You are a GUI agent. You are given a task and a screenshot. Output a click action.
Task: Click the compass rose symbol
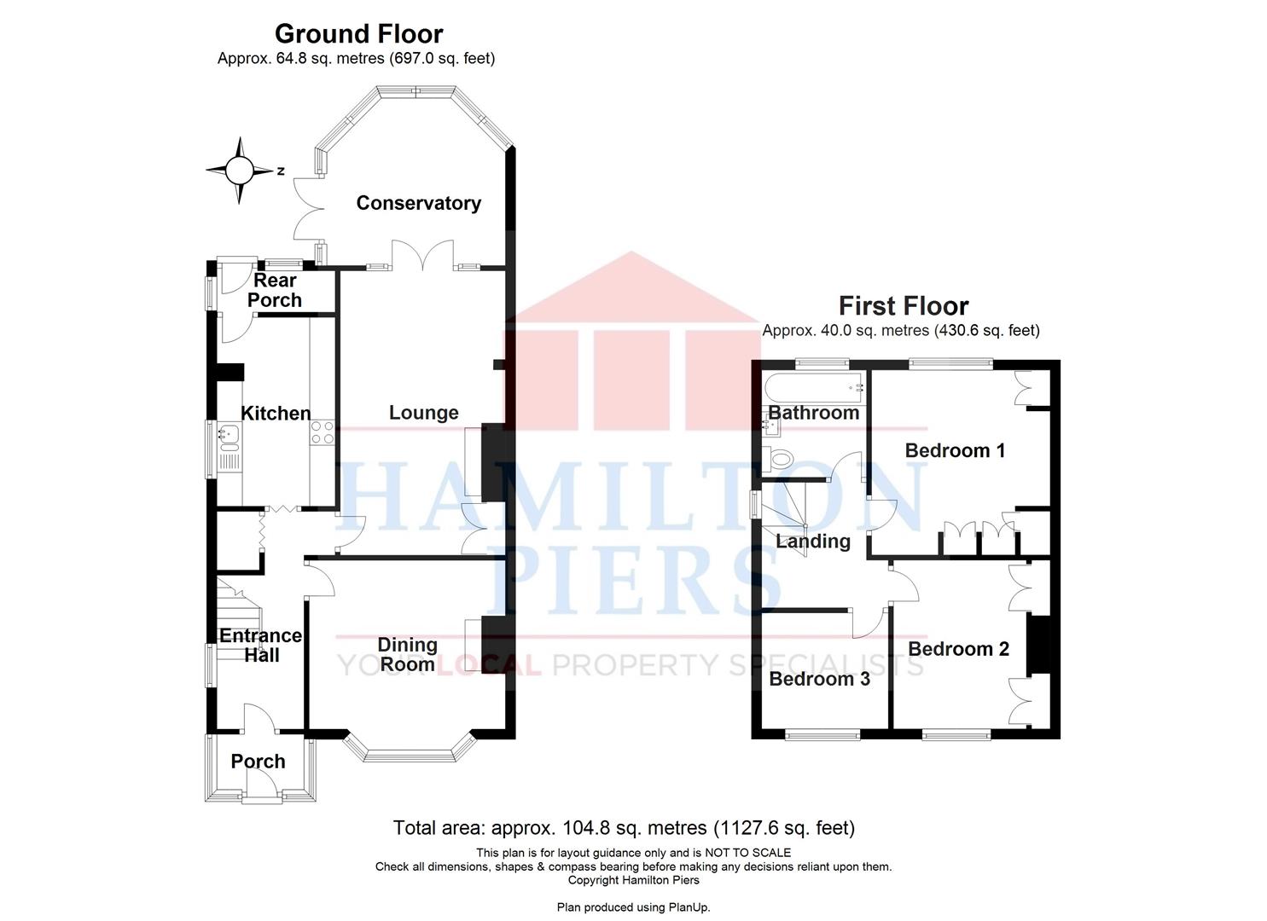tap(239, 171)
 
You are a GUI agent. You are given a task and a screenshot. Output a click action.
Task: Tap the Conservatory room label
tap(418, 203)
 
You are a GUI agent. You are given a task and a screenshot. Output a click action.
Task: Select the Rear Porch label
tap(275, 290)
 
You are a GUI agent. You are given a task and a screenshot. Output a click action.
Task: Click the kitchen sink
tap(229, 438)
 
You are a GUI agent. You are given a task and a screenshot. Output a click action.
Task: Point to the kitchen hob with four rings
tap(323, 432)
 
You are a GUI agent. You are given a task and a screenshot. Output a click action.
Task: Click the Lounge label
tap(423, 413)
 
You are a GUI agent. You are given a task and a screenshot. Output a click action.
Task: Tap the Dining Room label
tap(407, 655)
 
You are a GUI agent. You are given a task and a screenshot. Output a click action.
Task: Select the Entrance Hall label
tap(260, 646)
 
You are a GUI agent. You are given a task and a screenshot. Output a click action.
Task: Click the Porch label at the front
tap(258, 762)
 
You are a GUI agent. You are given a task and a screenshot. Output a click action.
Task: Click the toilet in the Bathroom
tap(779, 460)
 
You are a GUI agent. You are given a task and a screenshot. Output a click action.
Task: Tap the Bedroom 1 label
tap(955, 450)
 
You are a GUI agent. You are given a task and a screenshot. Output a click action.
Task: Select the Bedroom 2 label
tap(958, 649)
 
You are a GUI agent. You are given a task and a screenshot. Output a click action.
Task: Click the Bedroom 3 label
tap(819, 679)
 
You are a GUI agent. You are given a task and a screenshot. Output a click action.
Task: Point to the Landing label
tap(812, 542)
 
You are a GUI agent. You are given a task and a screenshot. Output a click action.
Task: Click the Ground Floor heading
tap(358, 34)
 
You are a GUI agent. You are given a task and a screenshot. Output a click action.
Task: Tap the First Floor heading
tap(903, 305)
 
